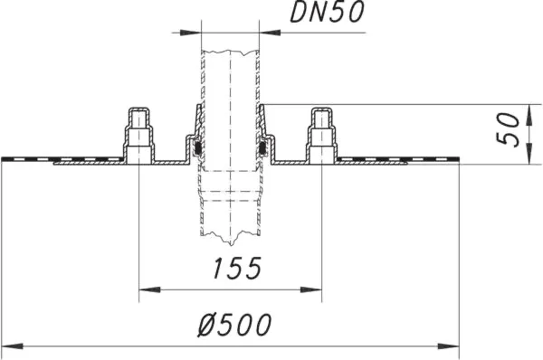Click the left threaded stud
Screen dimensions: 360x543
[x=138, y=136]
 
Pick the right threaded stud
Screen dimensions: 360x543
[x=321, y=136]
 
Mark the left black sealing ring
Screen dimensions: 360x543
[x=196, y=146]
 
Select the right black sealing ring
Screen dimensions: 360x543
[x=263, y=146]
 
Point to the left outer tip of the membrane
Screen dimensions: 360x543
[x=4, y=159]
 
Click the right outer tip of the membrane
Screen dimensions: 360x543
[x=458, y=159]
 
